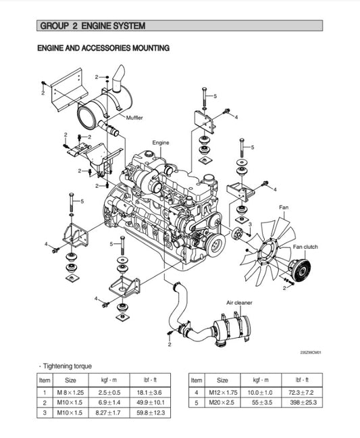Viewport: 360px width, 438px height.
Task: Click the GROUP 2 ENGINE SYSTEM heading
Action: [93, 26]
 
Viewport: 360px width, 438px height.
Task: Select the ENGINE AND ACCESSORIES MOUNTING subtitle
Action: [103, 48]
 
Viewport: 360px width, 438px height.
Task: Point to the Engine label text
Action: [161, 143]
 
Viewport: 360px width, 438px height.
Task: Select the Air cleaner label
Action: [240, 303]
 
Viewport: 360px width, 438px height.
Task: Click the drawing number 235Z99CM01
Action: [311, 352]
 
